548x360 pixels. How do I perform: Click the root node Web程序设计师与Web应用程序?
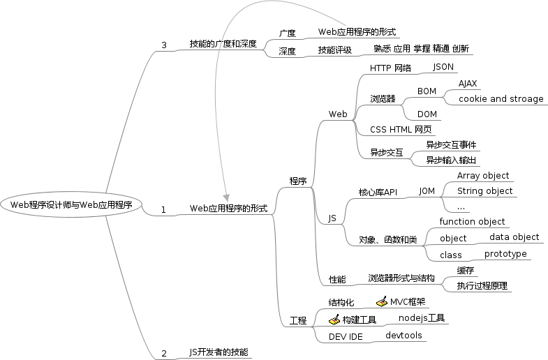click(72, 204)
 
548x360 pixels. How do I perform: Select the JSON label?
click(443, 67)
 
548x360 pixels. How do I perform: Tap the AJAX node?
click(468, 84)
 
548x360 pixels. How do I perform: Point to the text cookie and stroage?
click(501, 99)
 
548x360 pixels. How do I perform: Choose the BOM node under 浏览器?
click(427, 91)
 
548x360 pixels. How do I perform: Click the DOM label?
click(427, 114)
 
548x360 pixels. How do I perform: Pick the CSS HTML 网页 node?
click(401, 129)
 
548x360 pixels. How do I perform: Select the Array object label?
click(483, 176)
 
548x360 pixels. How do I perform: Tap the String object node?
click(484, 191)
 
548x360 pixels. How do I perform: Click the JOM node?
click(427, 190)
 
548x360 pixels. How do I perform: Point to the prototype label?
click(505, 254)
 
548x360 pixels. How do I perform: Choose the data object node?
click(514, 237)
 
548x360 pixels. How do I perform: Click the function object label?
click(472, 222)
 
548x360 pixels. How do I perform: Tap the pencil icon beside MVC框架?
click(382, 301)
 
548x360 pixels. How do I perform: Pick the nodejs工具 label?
click(421, 318)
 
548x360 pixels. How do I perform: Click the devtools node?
click(403, 336)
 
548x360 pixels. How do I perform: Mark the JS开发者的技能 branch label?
click(219, 352)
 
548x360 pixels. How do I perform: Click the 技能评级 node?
click(334, 50)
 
